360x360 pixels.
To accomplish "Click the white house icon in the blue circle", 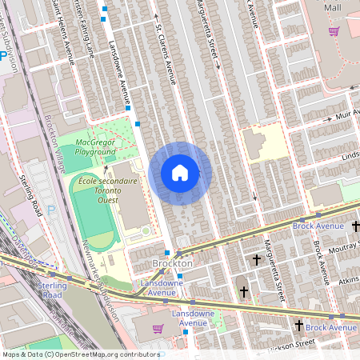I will (x=180, y=173).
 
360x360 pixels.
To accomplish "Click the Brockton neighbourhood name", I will (x=172, y=263).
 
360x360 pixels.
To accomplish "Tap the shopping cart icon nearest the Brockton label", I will (x=158, y=328).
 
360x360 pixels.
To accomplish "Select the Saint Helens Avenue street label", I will (x=62, y=28).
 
